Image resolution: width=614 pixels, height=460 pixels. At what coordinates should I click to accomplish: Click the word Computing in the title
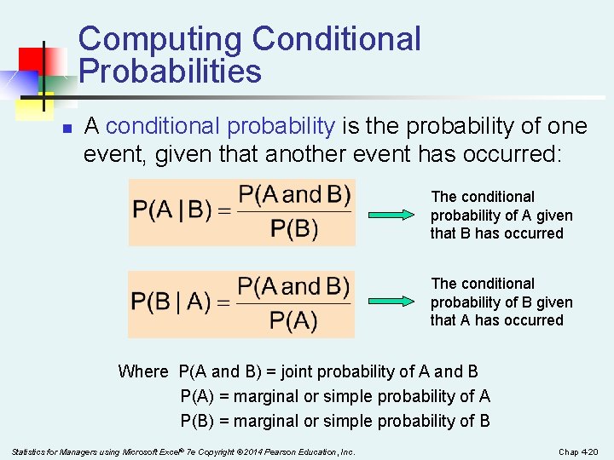click(160, 40)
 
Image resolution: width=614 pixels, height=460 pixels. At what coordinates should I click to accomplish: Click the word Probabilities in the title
click(170, 72)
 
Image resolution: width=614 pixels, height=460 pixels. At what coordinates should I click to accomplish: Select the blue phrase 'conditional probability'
click(221, 127)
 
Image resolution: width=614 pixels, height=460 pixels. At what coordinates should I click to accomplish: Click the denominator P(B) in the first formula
click(294, 229)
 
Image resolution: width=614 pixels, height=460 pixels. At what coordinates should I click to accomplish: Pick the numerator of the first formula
click(294, 194)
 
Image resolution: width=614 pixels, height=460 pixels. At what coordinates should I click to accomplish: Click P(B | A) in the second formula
click(171, 302)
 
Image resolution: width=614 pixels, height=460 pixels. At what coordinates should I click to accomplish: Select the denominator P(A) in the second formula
click(293, 321)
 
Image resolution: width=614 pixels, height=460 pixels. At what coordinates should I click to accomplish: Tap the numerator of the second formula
click(293, 285)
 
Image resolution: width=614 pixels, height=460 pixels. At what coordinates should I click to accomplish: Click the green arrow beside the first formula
click(393, 215)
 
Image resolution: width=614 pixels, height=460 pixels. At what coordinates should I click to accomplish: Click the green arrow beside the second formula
click(393, 301)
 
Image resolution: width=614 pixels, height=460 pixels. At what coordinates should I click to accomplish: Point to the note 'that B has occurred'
click(496, 234)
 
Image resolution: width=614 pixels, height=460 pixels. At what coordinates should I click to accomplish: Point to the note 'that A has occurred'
click(496, 321)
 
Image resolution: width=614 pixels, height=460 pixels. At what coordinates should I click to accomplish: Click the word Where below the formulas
click(143, 371)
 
